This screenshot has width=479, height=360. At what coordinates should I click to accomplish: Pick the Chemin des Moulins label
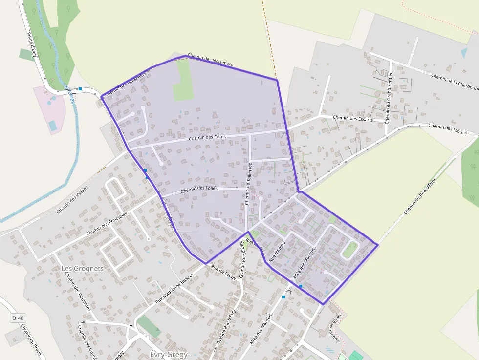(449, 129)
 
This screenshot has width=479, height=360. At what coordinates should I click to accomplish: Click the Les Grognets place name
(83, 268)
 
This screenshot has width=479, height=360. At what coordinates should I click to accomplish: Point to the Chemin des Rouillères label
(78, 291)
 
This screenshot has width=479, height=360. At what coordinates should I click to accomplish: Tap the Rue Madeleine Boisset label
(174, 288)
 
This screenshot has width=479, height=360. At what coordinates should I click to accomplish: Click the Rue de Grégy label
(223, 272)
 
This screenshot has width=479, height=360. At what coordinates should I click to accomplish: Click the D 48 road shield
(18, 318)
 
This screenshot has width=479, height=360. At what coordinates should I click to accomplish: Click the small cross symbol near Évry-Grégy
(131, 325)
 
